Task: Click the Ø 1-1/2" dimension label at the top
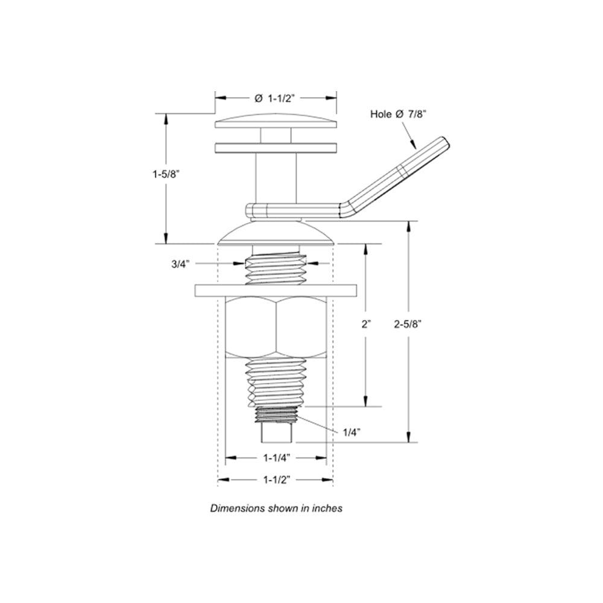tap(275, 98)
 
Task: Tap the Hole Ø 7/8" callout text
tap(399, 114)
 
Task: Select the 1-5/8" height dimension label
tap(166, 174)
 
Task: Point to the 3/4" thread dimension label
tap(181, 264)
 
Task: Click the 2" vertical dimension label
tap(366, 324)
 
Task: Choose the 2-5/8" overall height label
tap(408, 324)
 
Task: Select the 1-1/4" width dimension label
tap(277, 458)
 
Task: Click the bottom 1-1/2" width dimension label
tap(277, 479)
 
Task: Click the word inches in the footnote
tap(327, 508)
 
